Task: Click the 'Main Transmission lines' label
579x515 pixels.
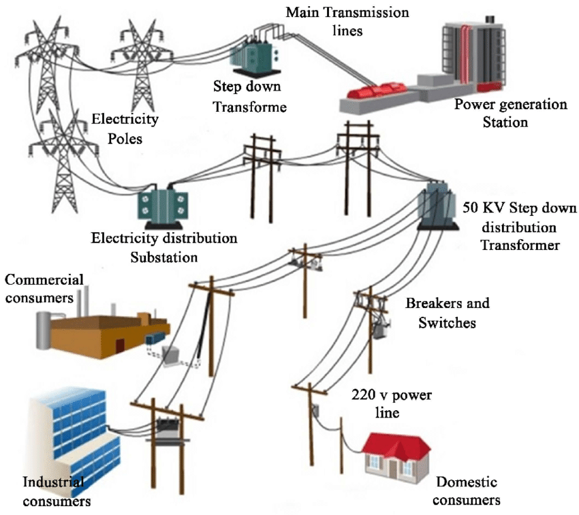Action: tap(347, 21)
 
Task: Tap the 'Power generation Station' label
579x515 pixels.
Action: tap(511, 114)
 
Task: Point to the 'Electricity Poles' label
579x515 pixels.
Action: tap(125, 127)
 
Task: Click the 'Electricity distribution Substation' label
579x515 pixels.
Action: tap(164, 248)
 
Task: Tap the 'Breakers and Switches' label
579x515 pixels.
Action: tap(448, 312)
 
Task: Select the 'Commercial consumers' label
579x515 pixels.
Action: tap(44, 289)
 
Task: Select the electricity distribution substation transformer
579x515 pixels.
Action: tap(161, 208)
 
